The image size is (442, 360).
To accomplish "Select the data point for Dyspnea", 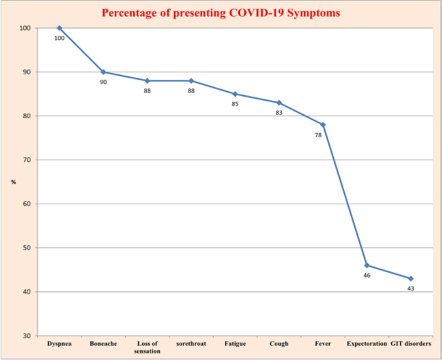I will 59,28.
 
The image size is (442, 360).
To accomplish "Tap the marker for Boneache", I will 103,72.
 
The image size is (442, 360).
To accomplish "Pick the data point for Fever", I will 323,125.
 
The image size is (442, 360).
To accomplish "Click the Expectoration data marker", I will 367,265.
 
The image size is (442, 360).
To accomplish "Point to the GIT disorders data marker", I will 411,279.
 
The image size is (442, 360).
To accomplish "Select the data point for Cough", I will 279,103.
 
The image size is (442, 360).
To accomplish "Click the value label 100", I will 59,38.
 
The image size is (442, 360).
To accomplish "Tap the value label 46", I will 367,275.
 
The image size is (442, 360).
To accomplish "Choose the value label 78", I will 318,135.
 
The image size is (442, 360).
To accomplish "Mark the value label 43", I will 410,288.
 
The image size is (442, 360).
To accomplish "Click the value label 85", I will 235,104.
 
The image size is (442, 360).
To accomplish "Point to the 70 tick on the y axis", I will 25,160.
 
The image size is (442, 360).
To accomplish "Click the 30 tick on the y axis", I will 25,335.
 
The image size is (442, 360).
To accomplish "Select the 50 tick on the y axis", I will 25,248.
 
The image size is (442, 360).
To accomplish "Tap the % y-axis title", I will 14,182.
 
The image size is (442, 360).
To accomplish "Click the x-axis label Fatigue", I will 235,344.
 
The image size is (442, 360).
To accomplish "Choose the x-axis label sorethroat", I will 191,344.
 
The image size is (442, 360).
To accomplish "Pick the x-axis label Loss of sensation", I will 147,347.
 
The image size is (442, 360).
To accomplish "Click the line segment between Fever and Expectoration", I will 345,195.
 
